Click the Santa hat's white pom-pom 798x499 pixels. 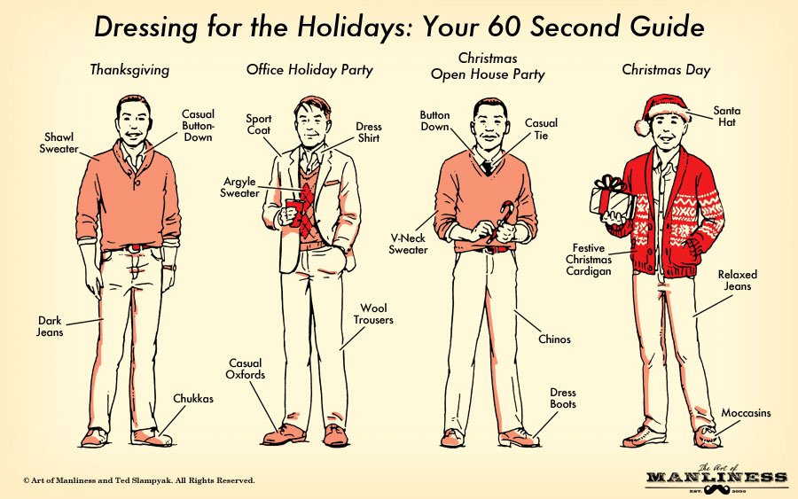(643, 127)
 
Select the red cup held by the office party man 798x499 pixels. (294, 212)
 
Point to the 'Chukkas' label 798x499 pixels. (193, 399)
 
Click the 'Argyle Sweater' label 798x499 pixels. (239, 187)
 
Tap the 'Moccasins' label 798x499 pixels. (746, 413)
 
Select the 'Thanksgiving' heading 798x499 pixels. (129, 70)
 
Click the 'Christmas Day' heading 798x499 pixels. (666, 70)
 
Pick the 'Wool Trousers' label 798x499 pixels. (373, 314)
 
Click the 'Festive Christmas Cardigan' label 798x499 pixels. (589, 260)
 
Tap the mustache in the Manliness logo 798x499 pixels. (716, 490)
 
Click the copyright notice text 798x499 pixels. (139, 480)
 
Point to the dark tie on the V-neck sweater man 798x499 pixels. (488, 168)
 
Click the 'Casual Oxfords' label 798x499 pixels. (246, 369)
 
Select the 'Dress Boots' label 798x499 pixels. (563, 398)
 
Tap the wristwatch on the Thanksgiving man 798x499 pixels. (170, 267)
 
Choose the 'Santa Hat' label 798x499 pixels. (727, 116)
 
